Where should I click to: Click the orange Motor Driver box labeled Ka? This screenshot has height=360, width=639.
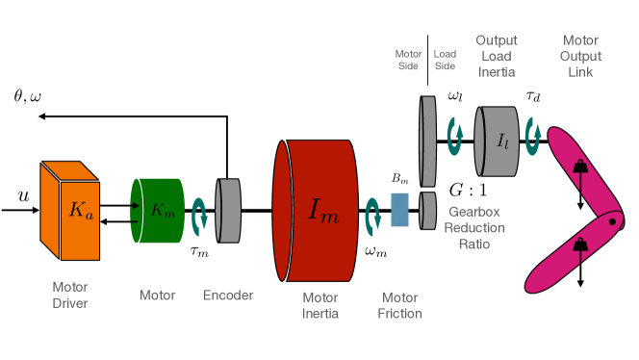click(x=70, y=211)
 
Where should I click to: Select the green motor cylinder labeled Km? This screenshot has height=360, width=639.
click(x=157, y=211)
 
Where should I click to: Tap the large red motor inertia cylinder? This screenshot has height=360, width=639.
click(x=316, y=211)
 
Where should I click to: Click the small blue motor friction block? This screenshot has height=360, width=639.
click(x=399, y=210)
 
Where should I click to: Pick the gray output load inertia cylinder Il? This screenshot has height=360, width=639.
click(x=497, y=141)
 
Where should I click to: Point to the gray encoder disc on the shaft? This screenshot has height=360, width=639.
click(x=228, y=211)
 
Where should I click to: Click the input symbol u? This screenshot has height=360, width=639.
click(x=24, y=196)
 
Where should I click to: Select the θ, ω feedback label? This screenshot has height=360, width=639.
click(x=27, y=96)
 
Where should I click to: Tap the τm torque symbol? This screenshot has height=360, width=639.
click(x=199, y=251)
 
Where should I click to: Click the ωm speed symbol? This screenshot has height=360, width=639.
click(x=375, y=251)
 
